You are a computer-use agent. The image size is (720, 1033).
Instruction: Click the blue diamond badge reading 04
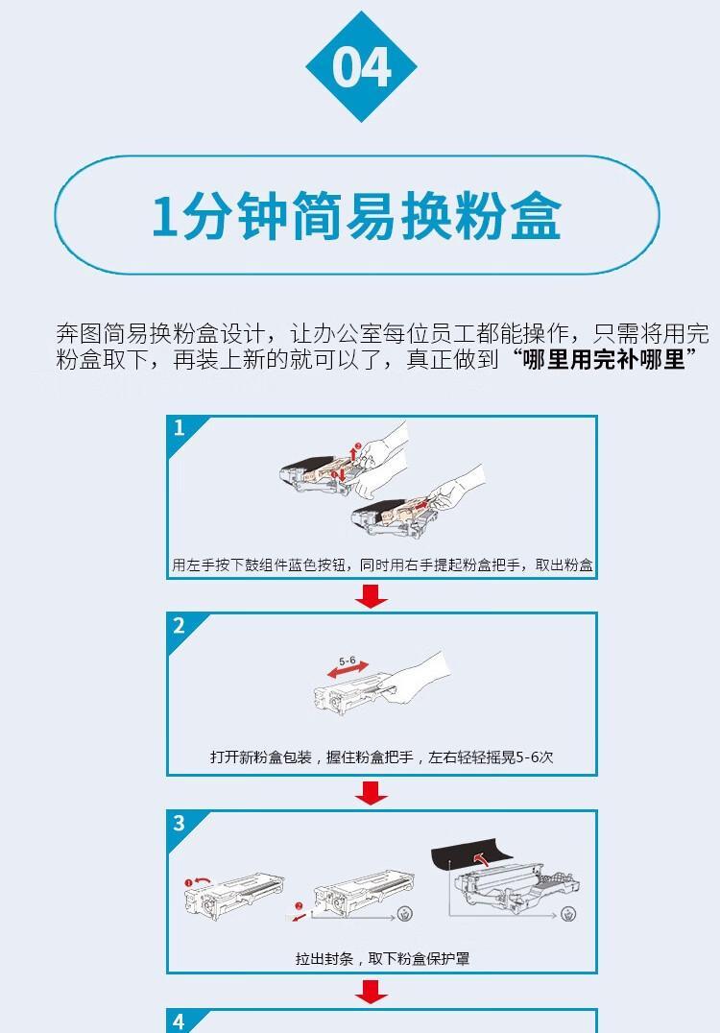(x=361, y=66)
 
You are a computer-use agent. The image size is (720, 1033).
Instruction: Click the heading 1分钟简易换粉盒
(x=356, y=216)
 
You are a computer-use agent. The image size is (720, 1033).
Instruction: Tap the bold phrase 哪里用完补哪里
(x=605, y=360)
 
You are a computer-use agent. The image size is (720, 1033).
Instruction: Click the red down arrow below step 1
(x=371, y=595)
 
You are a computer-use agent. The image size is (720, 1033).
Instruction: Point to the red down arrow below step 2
(x=371, y=793)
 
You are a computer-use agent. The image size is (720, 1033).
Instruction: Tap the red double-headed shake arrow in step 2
(x=348, y=669)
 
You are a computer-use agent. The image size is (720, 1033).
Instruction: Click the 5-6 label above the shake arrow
(x=348, y=661)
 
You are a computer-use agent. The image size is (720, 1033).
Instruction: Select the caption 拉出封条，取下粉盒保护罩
(x=382, y=958)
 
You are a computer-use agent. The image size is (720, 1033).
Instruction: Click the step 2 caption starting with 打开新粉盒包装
(x=381, y=757)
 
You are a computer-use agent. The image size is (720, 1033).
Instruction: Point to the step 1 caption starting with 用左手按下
(x=382, y=565)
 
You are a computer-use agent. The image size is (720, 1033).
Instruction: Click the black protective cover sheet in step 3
(x=471, y=855)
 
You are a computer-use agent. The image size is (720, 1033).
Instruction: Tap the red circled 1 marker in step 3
(x=188, y=883)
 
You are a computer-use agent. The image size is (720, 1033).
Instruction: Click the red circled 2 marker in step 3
(x=299, y=906)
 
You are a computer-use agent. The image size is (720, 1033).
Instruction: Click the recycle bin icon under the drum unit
(x=568, y=914)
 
